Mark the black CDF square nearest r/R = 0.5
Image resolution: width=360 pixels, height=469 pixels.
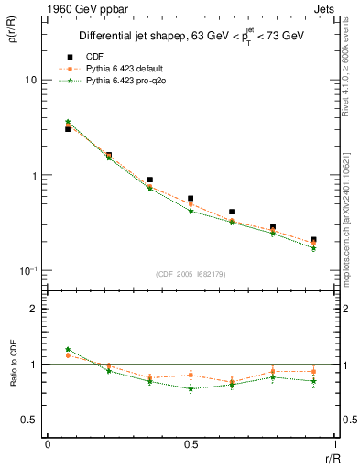pos(191,198)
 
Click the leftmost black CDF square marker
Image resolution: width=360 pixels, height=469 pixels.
pos(68,129)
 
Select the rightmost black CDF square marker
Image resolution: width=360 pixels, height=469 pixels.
pos(313,240)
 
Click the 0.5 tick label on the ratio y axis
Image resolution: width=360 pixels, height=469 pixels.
pos(29,420)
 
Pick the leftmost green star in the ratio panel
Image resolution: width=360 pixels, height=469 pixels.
pos(68,349)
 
